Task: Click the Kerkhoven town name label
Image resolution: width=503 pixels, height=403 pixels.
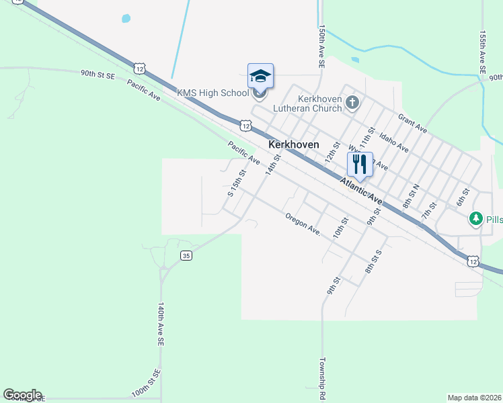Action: (x=293, y=144)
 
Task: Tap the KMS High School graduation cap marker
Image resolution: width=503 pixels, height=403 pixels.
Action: (x=260, y=76)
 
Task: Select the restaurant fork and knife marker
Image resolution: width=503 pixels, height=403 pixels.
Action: (x=360, y=163)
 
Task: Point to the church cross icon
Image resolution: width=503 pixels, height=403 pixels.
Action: (x=353, y=103)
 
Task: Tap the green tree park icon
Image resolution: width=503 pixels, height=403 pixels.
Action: (x=475, y=219)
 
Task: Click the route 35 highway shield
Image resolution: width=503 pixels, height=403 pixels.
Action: (x=186, y=255)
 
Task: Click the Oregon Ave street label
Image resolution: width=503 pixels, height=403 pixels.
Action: (x=302, y=224)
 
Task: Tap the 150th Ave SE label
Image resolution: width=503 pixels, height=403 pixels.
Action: (x=322, y=46)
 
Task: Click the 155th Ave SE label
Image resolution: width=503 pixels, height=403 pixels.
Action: (x=482, y=51)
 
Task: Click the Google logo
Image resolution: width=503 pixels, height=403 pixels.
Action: (x=22, y=395)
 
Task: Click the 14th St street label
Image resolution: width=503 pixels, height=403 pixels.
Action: (x=272, y=165)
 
